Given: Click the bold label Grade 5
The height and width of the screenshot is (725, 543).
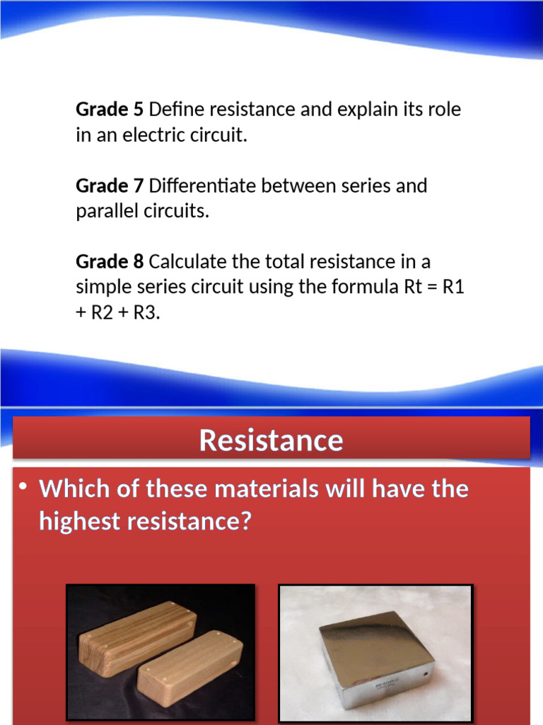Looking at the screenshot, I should pos(110,110).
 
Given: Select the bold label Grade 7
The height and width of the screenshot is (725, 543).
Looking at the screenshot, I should pos(110,186).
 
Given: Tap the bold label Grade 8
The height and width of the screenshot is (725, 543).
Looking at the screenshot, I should pos(110,262).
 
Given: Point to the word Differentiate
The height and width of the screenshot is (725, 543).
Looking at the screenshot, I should pos(203,186).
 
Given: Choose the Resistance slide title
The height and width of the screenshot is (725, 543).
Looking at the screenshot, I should pos(271,440).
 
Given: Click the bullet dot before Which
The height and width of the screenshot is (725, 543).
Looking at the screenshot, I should pos(23,487).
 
